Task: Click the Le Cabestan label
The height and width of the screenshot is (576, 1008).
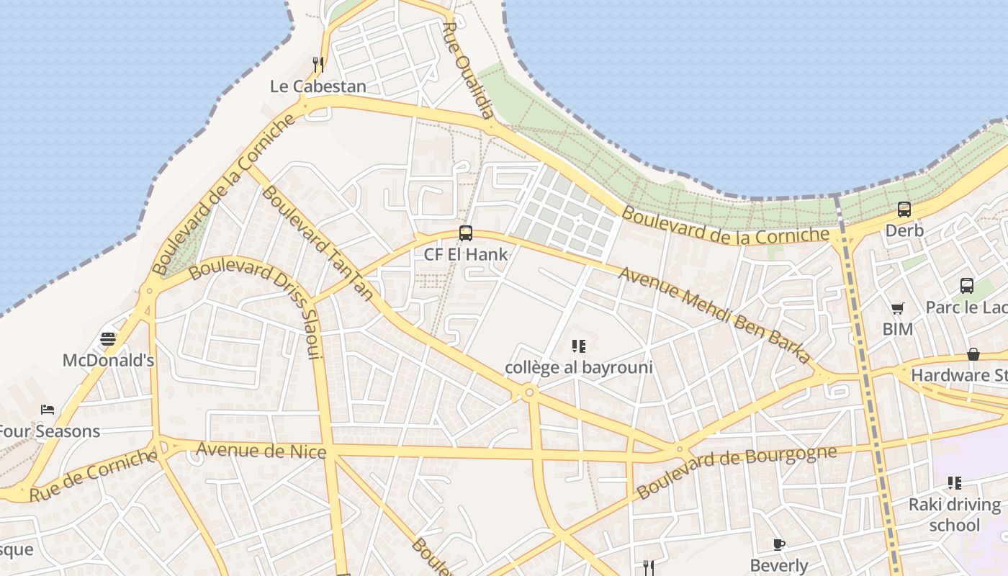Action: pyautogui.click(x=318, y=86)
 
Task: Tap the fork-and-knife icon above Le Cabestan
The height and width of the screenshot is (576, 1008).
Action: pyautogui.click(x=318, y=65)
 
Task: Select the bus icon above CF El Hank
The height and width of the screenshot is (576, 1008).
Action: pyautogui.click(x=466, y=233)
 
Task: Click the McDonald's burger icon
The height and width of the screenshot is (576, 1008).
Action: pyautogui.click(x=108, y=338)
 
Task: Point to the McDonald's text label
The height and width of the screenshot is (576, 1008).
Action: pyautogui.click(x=108, y=360)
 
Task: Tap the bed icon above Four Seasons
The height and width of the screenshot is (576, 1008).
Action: pyautogui.click(x=48, y=410)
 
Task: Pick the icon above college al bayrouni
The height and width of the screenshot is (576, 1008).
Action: pyautogui.click(x=578, y=346)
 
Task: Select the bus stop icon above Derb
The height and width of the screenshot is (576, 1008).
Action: pyautogui.click(x=904, y=210)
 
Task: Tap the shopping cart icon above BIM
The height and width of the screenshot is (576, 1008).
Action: pyautogui.click(x=897, y=309)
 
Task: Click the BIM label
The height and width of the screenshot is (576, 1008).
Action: pyautogui.click(x=897, y=329)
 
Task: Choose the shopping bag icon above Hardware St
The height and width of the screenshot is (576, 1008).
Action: pyautogui.click(x=973, y=354)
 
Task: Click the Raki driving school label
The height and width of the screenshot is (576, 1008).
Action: pyautogui.click(x=955, y=514)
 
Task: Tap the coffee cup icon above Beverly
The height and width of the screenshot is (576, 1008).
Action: pyautogui.click(x=778, y=544)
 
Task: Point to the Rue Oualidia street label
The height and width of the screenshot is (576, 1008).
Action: pyautogui.click(x=469, y=71)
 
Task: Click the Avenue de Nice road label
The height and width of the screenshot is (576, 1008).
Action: pyautogui.click(x=261, y=451)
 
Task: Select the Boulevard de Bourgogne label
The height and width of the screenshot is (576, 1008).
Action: pyautogui.click(x=737, y=472)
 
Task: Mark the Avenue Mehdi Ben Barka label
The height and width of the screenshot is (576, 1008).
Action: pyautogui.click(x=714, y=315)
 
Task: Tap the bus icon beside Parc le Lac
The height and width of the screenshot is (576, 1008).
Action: pyautogui.click(x=967, y=286)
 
